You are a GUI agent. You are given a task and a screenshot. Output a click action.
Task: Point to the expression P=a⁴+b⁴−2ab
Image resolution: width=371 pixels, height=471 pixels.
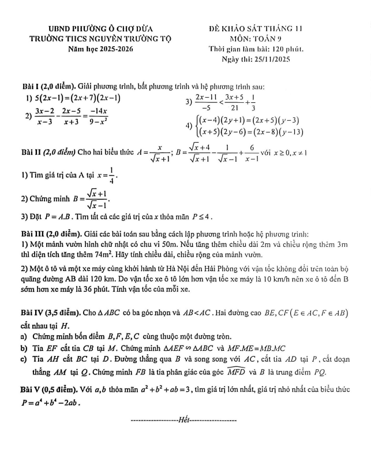(x=50, y=403)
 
